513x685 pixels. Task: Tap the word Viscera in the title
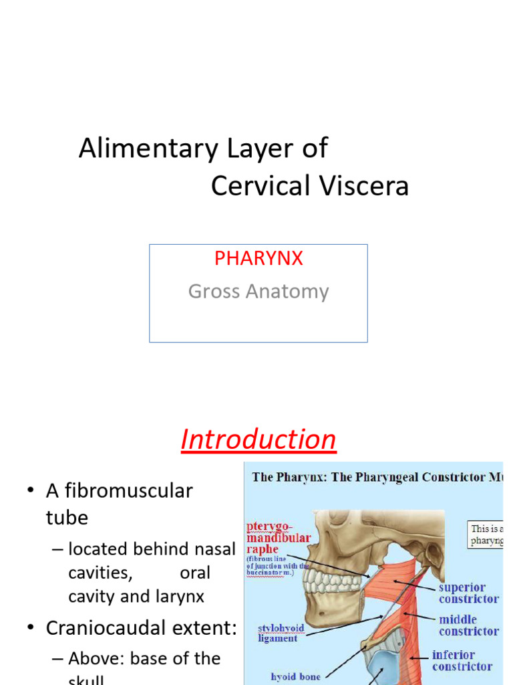[367, 186]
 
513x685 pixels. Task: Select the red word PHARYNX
[259, 259]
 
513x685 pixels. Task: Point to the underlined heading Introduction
[259, 439]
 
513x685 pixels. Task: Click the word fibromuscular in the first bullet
[119, 491]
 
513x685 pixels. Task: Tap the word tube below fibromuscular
[67, 518]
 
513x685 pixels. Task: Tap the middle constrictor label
[468, 625]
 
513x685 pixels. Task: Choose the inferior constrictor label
[462, 660]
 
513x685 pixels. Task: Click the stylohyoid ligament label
[278, 633]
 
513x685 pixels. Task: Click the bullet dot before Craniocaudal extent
[31, 629]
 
